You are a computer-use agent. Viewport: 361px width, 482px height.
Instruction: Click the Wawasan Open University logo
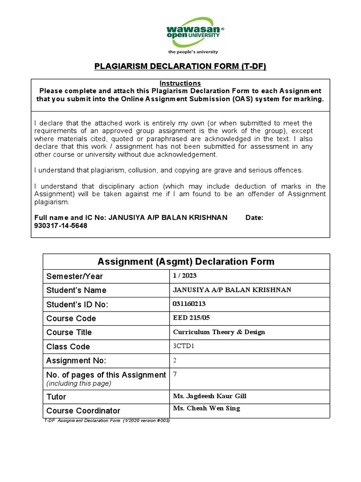click(x=195, y=32)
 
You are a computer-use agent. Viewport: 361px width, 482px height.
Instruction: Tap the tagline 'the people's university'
click(x=193, y=52)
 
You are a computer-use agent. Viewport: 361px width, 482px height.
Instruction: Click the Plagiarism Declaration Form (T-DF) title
click(x=180, y=66)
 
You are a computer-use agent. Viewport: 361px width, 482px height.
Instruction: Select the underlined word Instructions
click(x=180, y=83)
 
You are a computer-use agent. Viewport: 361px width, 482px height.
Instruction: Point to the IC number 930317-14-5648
click(x=61, y=225)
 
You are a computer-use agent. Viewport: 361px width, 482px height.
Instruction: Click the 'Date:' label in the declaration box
click(x=254, y=217)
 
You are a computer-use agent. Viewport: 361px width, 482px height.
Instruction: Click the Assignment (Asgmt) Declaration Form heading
click(x=186, y=261)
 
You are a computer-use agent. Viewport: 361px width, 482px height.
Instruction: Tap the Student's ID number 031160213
click(x=189, y=304)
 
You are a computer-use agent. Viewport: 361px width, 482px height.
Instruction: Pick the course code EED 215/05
click(x=191, y=318)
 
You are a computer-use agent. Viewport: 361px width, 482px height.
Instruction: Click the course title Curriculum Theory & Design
click(x=219, y=332)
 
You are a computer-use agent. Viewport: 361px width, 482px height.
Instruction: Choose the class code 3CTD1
click(x=183, y=346)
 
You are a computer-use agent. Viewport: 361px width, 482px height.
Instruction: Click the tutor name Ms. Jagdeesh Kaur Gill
click(x=210, y=396)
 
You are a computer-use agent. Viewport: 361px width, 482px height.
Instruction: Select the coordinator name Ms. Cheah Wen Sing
click(x=206, y=408)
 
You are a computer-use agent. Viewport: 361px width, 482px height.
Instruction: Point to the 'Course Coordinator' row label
click(x=83, y=410)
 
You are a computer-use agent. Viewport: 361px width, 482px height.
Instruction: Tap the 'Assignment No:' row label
click(x=76, y=361)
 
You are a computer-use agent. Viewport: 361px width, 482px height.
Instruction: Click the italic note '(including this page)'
click(x=78, y=383)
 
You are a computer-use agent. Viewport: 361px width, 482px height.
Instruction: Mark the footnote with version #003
click(x=106, y=420)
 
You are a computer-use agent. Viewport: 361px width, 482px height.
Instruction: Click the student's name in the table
click(x=232, y=289)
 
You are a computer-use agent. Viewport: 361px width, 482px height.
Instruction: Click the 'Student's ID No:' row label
click(x=77, y=305)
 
